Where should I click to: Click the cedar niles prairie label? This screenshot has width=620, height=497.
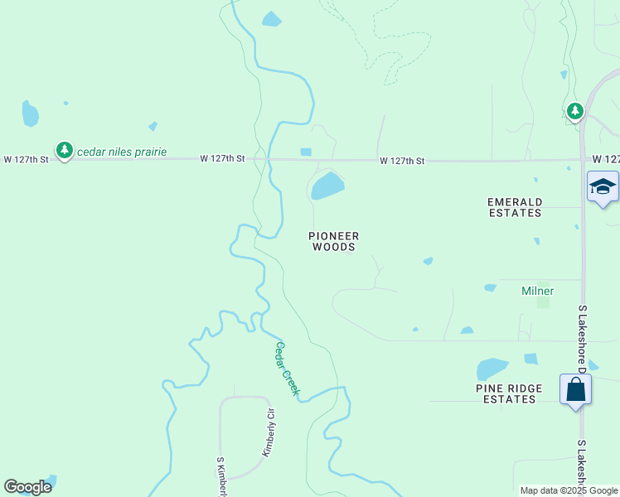[122, 152]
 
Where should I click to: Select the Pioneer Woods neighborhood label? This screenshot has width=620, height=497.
[333, 241]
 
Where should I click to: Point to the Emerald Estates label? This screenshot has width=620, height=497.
[514, 207]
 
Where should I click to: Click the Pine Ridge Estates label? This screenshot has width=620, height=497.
[509, 393]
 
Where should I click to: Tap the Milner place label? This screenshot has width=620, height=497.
[537, 291]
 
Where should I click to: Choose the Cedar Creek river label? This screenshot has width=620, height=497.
[287, 369]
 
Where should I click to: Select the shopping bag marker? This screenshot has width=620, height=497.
[575, 389]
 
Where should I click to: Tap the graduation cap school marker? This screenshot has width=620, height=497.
[603, 186]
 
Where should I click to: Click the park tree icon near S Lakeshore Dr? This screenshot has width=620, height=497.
[574, 110]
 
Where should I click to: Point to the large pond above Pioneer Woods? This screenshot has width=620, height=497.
[327, 186]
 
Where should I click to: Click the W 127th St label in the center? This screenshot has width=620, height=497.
[402, 161]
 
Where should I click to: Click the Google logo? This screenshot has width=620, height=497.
[27, 487]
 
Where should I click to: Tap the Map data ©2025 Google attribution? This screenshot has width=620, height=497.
[569, 490]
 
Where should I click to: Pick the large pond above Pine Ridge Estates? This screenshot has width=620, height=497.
[492, 368]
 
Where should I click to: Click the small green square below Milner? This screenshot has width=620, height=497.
[543, 302]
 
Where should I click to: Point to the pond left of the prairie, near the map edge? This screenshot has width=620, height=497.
[30, 113]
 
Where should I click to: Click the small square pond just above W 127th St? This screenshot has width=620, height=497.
[306, 152]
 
